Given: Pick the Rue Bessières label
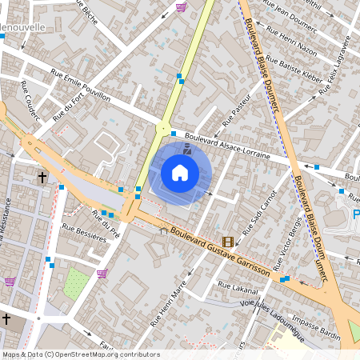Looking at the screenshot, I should pos(84,237).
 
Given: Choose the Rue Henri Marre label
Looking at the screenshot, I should pos(169,304).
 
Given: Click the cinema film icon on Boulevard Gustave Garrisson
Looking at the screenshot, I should pos(229,242).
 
